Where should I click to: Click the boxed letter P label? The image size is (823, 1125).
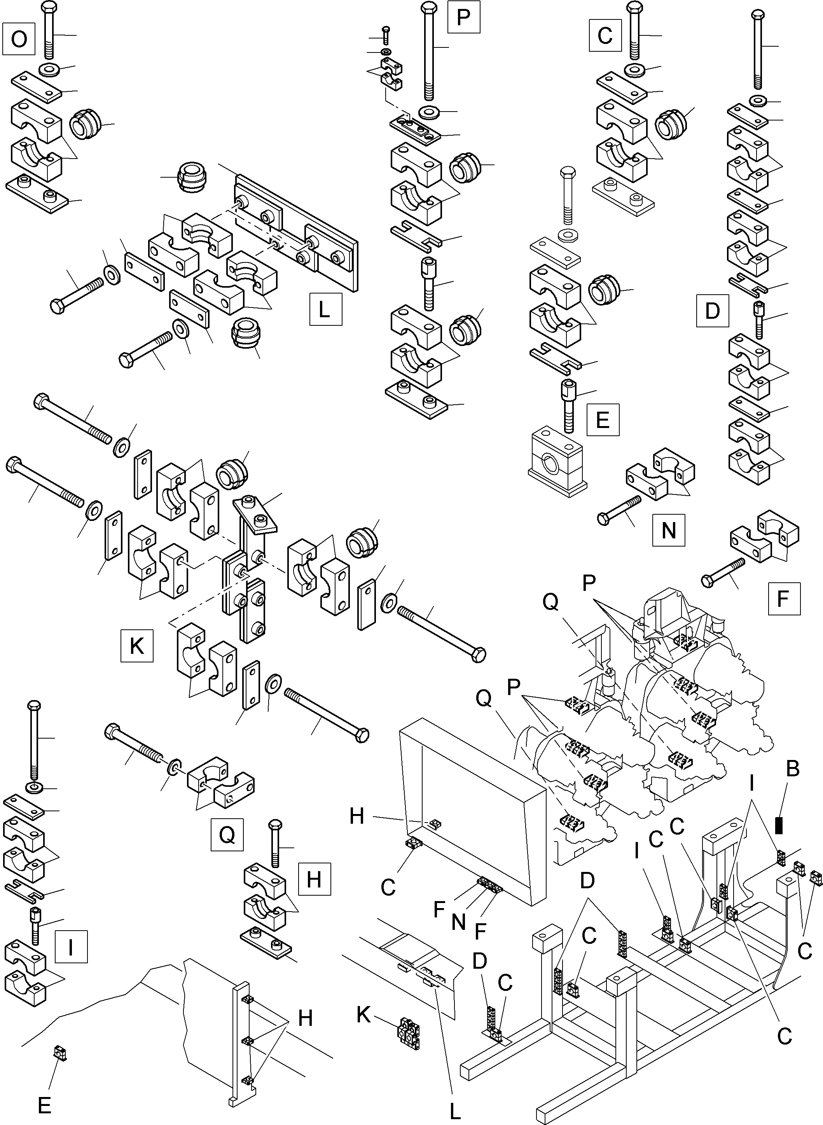(x=463, y=17)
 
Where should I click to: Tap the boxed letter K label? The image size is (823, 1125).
(x=136, y=646)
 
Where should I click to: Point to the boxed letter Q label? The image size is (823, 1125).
(x=227, y=835)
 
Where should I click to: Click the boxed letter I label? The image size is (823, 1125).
(x=71, y=946)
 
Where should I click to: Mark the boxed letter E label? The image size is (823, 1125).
(x=603, y=420)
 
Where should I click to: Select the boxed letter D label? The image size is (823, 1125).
(x=713, y=311)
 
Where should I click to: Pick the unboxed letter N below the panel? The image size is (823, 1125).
(x=459, y=922)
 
